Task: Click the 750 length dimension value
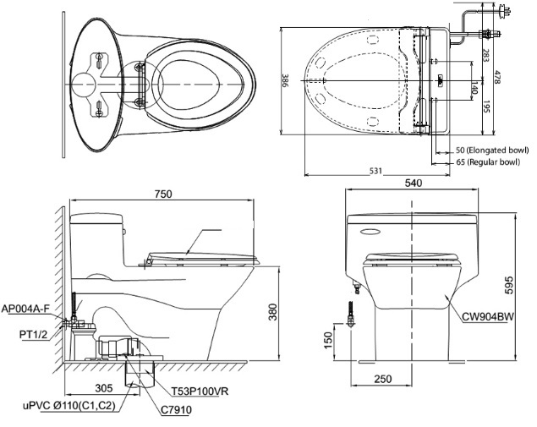(162, 194)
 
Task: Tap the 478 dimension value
(522, 75)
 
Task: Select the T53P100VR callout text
(198, 391)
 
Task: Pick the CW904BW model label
(490, 317)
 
